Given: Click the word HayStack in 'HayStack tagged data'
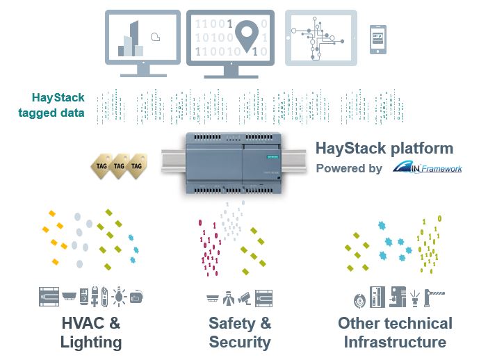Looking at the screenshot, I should (x=58, y=98).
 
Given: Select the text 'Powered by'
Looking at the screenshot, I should (x=349, y=168).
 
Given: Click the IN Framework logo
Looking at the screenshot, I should (x=426, y=167).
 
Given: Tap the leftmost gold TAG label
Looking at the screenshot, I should (x=101, y=166).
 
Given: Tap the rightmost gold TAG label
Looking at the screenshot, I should (x=138, y=166).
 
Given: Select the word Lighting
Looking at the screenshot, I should (x=91, y=342).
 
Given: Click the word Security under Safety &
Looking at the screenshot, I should (x=240, y=342).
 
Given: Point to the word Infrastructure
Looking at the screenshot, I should (x=395, y=342).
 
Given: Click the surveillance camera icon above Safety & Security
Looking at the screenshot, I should (x=244, y=297).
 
